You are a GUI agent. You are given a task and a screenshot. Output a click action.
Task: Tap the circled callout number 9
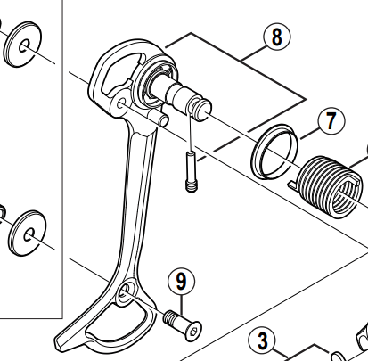pyautogui.click(x=181, y=283)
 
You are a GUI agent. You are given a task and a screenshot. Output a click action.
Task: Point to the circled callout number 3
pyautogui.click(x=262, y=340)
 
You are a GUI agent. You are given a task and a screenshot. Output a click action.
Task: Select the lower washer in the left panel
pyautogui.click(x=29, y=233)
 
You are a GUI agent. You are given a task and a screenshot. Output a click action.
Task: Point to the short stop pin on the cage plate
pyautogui.click(x=162, y=117)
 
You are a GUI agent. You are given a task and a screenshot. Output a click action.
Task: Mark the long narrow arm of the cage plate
pyautogui.click(x=134, y=196)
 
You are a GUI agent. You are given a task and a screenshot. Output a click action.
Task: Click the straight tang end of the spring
pyautogui.click(x=294, y=184)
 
